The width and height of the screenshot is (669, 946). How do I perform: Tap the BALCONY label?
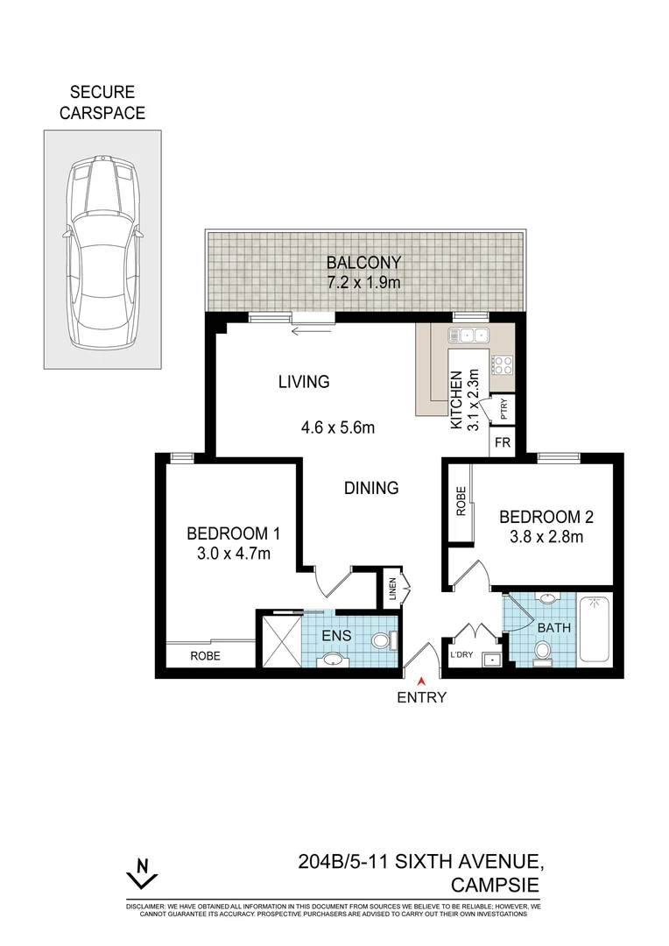tap(363, 262)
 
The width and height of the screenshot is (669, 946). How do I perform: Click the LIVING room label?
tap(304, 382)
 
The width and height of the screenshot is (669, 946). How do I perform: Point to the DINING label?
tap(371, 488)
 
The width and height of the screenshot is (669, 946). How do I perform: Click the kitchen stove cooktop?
tap(502, 364)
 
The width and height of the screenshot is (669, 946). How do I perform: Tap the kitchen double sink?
tap(468, 335)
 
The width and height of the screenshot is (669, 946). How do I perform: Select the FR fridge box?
tap(502, 442)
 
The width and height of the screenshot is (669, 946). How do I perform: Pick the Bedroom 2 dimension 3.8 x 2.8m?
tap(540, 537)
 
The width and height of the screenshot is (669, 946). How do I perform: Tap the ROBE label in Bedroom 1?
tap(206, 655)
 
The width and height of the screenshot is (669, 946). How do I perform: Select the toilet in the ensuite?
tap(380, 641)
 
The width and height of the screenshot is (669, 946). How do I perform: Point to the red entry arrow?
tap(422, 681)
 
